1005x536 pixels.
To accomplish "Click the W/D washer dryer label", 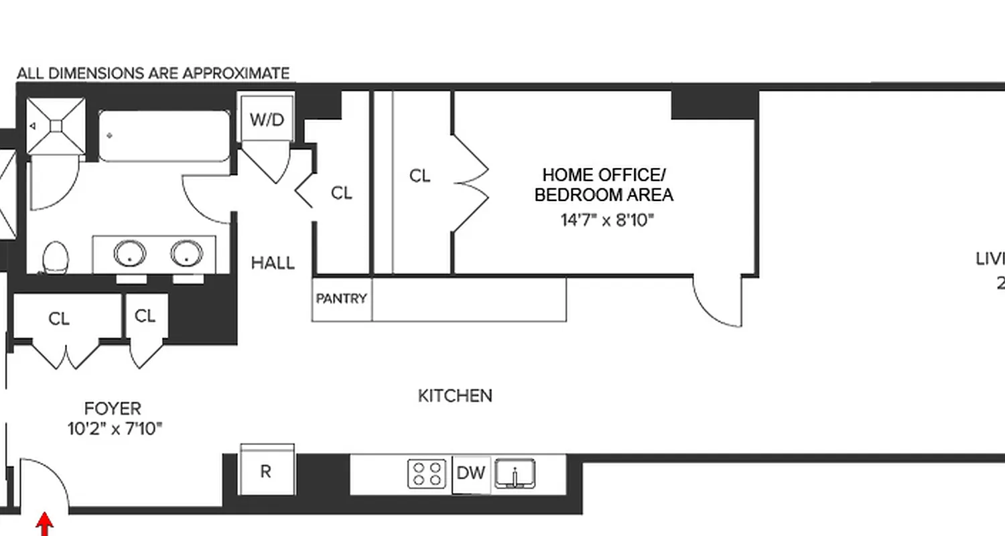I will pos(267,120).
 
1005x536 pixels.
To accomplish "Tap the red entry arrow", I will pos(44,524).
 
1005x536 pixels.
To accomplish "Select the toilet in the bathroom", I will pos(56,257).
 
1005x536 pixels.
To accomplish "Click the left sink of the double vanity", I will pos(129,254).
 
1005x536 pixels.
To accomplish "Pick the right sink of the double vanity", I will pos(186,254).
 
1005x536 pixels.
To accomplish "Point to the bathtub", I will pos(165,136).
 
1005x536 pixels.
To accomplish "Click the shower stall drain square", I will pos(56,126).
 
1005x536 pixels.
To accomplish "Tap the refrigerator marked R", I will pos(266,472).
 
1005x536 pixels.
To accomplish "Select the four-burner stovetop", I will pos(427,473).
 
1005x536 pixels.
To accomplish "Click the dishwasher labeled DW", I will pos(470,473).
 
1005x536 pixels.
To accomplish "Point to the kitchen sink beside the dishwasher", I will pos(515,474).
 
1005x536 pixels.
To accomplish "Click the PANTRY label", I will pos(341,298).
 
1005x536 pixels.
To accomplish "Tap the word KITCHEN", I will pos(455,396).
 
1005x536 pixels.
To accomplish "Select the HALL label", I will pos(273,263).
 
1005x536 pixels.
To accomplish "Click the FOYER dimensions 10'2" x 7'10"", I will pos(115,429).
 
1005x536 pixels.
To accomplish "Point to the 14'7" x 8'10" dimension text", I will pos(607,220).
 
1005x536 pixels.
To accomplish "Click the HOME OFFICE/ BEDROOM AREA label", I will pos(604,185).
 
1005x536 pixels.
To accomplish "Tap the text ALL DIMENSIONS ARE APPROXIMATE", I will pos(153,73).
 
